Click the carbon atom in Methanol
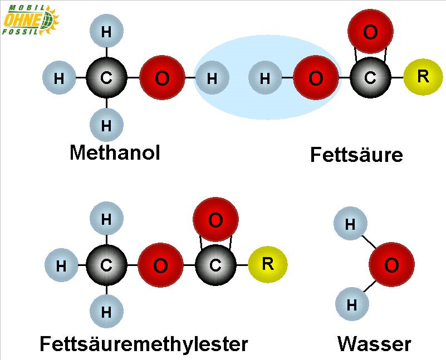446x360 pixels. click(x=106, y=78)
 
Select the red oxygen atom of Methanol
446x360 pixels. click(x=162, y=78)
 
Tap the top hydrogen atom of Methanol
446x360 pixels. click(x=106, y=32)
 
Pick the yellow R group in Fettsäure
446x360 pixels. click(x=423, y=77)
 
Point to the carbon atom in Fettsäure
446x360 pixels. click(x=370, y=78)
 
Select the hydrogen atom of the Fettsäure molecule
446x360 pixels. click(x=264, y=78)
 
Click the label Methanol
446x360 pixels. click(x=115, y=152)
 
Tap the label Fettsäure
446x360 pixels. click(x=356, y=154)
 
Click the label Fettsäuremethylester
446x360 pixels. click(x=144, y=343)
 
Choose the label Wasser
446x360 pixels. click(x=374, y=343)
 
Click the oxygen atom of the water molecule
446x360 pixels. click(x=391, y=265)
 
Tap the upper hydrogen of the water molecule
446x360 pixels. click(x=350, y=225)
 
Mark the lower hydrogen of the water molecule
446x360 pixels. click(x=351, y=305)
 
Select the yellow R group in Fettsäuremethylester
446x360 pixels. click(x=267, y=264)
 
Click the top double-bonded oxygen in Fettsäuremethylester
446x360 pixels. click(x=215, y=220)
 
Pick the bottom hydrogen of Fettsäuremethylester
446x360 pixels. click(x=106, y=312)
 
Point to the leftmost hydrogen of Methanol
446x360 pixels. click(x=58, y=78)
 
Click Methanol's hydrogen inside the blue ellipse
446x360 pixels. click(x=212, y=78)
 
